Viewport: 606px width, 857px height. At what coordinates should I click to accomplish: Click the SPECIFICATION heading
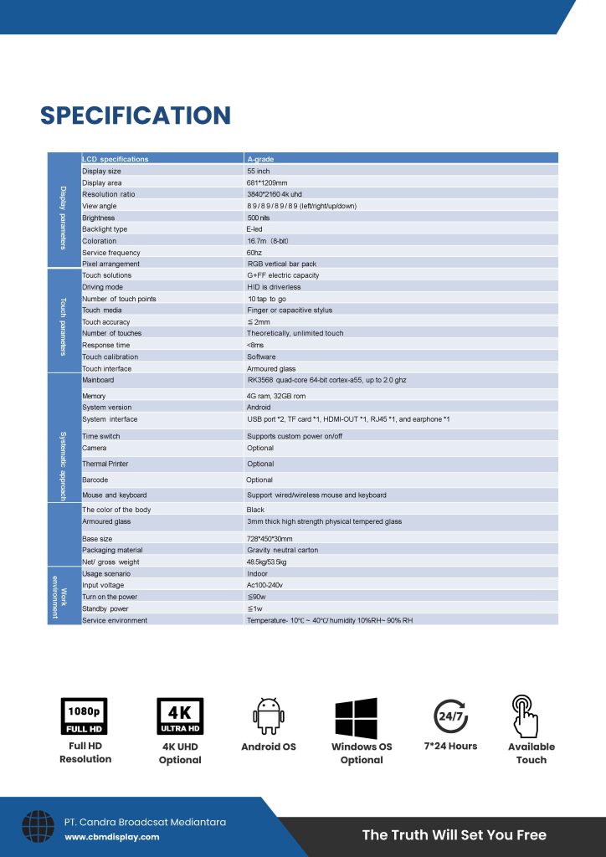(135, 115)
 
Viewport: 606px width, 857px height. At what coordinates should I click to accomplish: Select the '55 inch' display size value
(258, 171)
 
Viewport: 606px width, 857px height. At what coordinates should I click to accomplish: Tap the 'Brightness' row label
(98, 218)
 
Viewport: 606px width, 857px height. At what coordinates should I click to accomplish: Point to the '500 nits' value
(258, 218)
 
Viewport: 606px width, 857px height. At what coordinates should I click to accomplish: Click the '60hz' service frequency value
(254, 253)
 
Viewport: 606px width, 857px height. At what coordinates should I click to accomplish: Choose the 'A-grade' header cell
(260, 159)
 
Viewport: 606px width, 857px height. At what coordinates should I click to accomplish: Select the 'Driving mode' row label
(102, 287)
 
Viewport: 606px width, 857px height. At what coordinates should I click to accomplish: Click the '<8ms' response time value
(254, 345)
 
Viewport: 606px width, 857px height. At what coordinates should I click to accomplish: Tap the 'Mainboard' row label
(98, 380)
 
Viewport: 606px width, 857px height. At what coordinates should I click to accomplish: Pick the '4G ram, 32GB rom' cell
(275, 396)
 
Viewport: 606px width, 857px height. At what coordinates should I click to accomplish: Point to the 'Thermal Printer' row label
(105, 464)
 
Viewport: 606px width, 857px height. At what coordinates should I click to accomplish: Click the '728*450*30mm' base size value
(270, 539)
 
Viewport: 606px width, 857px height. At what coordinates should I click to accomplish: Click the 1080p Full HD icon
(85, 716)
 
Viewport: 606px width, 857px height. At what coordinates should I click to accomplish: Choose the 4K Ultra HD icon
(180, 716)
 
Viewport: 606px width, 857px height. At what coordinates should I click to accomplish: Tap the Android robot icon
(269, 716)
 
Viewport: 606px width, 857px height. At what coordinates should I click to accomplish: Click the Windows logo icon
(356, 718)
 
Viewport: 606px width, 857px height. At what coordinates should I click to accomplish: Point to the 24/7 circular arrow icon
(450, 716)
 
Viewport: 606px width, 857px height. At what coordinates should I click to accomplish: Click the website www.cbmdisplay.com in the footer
(111, 837)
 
